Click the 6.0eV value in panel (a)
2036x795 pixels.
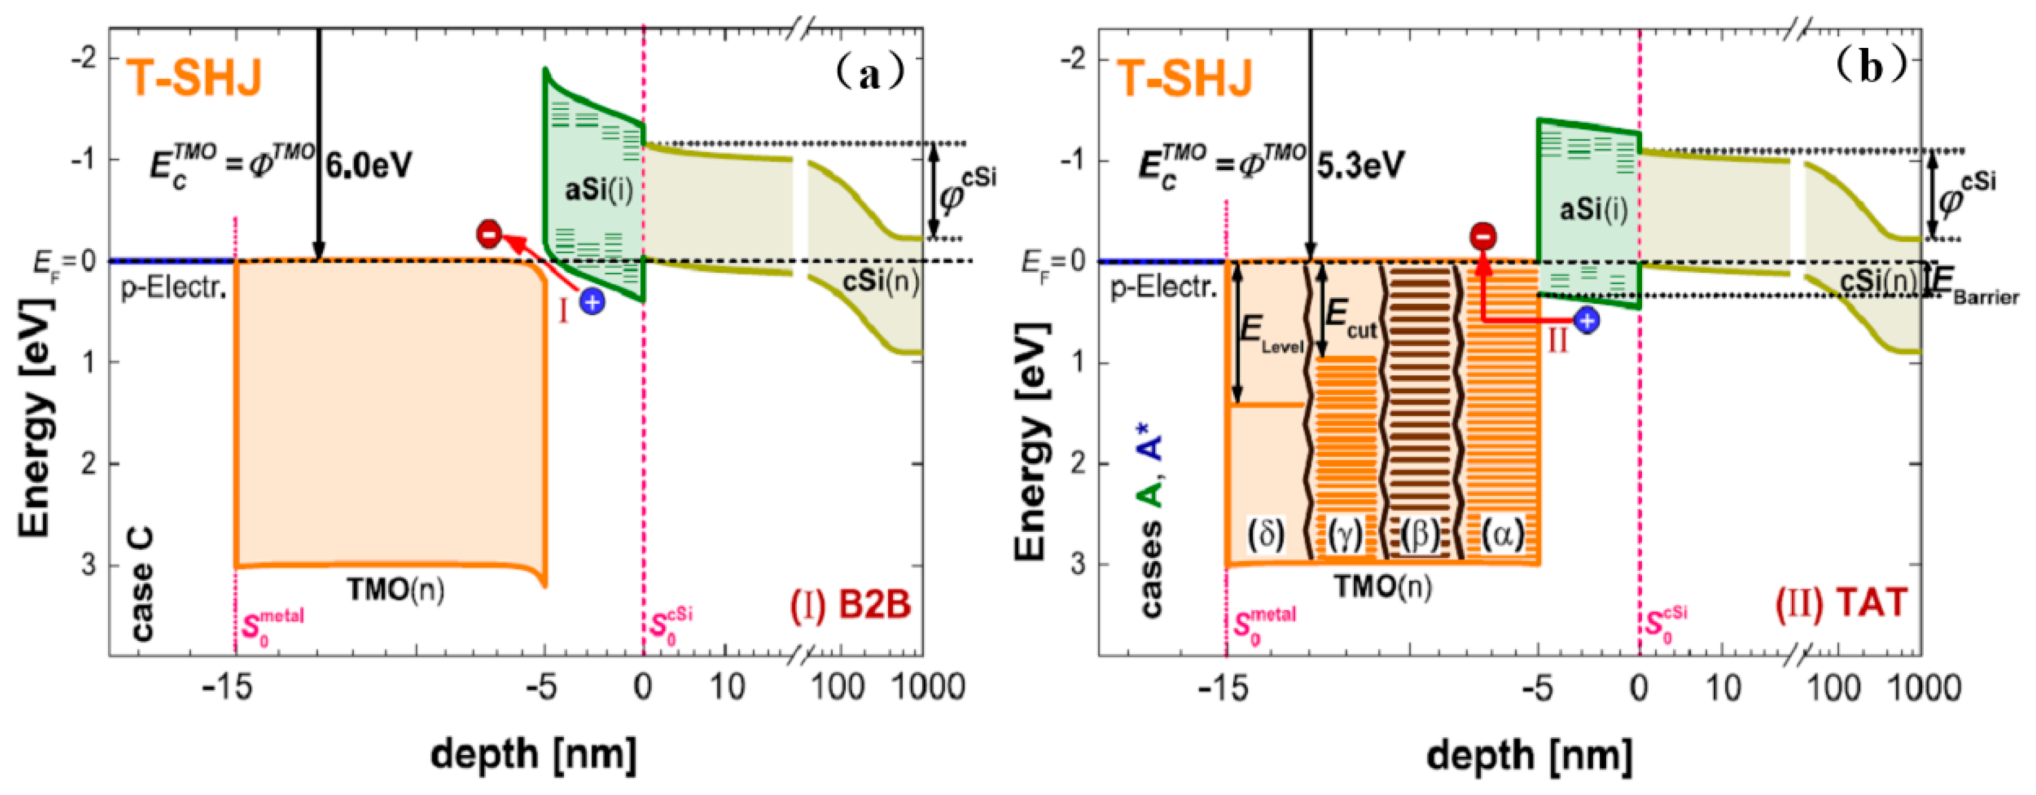click(368, 166)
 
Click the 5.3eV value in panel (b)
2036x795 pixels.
click(1360, 166)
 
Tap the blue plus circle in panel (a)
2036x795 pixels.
click(592, 300)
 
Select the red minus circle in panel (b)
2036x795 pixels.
click(1483, 236)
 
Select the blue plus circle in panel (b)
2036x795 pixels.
click(1587, 320)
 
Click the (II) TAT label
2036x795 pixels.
click(1841, 605)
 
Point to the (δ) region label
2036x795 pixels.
click(1266, 535)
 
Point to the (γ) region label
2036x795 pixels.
click(1344, 535)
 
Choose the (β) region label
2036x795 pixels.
click(1420, 535)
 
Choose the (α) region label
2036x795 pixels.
click(1502, 535)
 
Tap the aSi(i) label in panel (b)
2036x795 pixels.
click(1593, 209)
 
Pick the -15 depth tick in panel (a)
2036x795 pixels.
click(227, 688)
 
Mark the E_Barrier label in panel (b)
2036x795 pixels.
click(1976, 288)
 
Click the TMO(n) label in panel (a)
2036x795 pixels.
click(395, 590)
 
